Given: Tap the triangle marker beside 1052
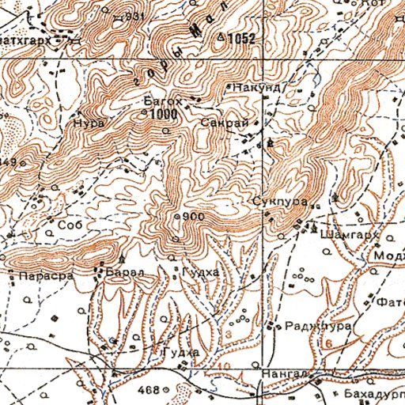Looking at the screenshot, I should (x=221, y=36).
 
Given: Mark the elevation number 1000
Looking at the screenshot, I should (x=162, y=114).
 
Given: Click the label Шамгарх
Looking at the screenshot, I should (x=346, y=234).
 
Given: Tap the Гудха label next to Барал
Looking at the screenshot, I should (x=194, y=273).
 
